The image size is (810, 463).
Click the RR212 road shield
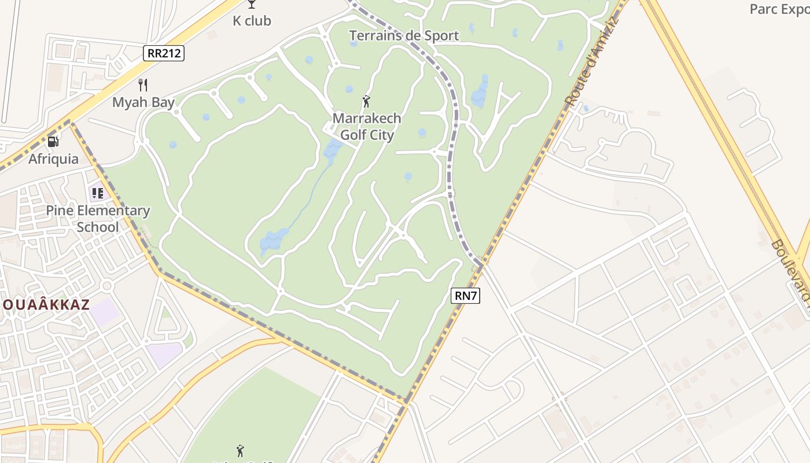tap(164, 54)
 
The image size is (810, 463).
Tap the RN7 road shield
tap(466, 296)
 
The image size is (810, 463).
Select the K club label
tap(252, 21)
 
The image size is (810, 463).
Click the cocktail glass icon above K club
tap(251, 4)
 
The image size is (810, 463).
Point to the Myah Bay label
tap(143, 102)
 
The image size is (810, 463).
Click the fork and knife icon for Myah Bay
tap(143, 85)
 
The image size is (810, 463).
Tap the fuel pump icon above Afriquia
tap(53, 141)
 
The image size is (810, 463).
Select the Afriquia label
tap(53, 159)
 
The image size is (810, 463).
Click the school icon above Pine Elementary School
tap(97, 193)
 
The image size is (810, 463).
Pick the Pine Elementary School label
tap(98, 218)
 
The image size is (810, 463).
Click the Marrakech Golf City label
tap(367, 127)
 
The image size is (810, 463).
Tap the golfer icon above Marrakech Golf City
tap(366, 102)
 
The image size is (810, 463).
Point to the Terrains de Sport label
tap(404, 35)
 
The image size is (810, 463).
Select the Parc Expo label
tap(779, 9)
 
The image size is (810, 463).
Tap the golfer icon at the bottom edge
tap(240, 450)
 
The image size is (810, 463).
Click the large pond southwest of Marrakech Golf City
tap(273, 241)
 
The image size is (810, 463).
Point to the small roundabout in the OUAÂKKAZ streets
tap(106, 285)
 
